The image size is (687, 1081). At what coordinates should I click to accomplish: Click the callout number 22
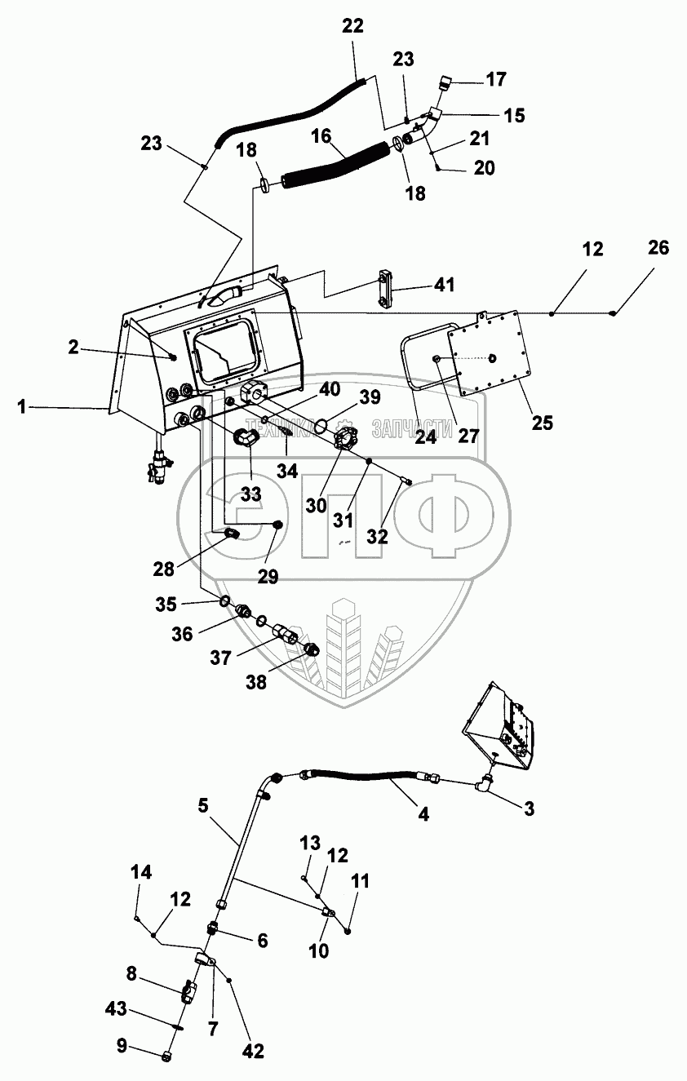(x=352, y=25)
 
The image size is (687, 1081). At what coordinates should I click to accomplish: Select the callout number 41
(x=444, y=286)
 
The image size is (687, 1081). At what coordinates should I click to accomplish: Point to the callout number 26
(x=658, y=248)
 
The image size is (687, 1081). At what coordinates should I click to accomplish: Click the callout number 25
(x=542, y=423)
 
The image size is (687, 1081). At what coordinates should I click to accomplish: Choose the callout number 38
(x=257, y=683)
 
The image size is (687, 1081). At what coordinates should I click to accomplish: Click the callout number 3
(x=530, y=809)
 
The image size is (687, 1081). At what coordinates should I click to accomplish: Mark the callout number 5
(x=203, y=804)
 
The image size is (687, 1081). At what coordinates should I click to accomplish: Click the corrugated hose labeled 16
(x=335, y=163)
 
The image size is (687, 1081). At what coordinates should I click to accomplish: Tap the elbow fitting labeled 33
(x=246, y=438)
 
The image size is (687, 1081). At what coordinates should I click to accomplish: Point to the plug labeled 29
(x=277, y=525)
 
